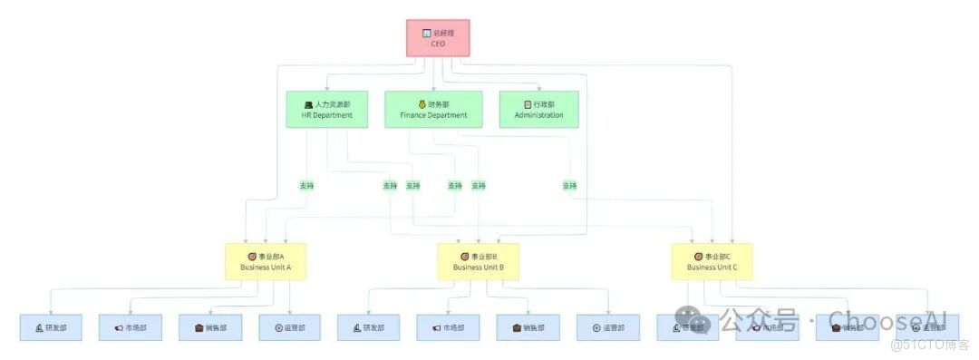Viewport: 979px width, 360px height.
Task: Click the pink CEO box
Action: (438, 38)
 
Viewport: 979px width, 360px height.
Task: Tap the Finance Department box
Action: (433, 110)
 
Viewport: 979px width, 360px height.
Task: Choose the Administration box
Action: (538, 110)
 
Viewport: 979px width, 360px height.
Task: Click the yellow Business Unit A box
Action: (266, 261)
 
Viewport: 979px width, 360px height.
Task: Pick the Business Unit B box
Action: (478, 261)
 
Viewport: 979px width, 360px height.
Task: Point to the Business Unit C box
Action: (712, 261)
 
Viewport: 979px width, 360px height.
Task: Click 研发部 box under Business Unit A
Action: (51, 327)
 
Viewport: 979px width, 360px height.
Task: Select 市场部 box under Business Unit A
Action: (131, 327)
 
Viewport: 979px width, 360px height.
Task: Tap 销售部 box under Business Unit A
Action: (210, 327)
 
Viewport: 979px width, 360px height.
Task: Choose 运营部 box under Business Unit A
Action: (289, 327)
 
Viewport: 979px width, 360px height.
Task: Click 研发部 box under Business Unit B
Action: (368, 327)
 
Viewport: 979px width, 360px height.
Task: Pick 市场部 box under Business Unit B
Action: (448, 327)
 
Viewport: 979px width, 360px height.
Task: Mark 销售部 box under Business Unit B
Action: (528, 327)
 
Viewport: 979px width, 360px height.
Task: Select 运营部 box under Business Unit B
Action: (607, 327)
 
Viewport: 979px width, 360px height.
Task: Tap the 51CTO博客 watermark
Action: (930, 345)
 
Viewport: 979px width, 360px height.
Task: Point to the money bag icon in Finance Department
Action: (422, 104)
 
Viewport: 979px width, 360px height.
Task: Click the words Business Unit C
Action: (712, 268)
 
